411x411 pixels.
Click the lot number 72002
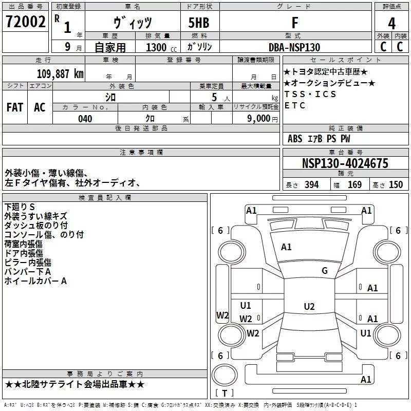click(25, 22)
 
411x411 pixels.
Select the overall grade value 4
click(391, 24)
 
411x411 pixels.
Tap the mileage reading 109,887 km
click(60, 74)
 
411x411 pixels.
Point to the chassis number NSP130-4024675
click(345, 163)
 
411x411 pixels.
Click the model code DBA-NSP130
click(294, 47)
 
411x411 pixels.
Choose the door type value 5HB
click(199, 23)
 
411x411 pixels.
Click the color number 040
click(85, 119)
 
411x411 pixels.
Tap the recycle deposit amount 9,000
click(258, 119)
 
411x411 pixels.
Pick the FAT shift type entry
click(15, 107)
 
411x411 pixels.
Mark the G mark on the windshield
click(325, 271)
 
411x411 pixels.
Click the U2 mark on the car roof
click(309, 306)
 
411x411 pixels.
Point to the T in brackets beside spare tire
click(225, 393)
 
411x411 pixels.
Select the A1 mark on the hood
click(286, 247)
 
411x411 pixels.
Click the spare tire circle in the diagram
click(225, 375)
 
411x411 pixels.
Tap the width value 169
click(354, 185)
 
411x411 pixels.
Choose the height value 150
click(396, 185)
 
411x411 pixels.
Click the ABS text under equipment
click(295, 139)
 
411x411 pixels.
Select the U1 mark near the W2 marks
click(246, 305)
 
